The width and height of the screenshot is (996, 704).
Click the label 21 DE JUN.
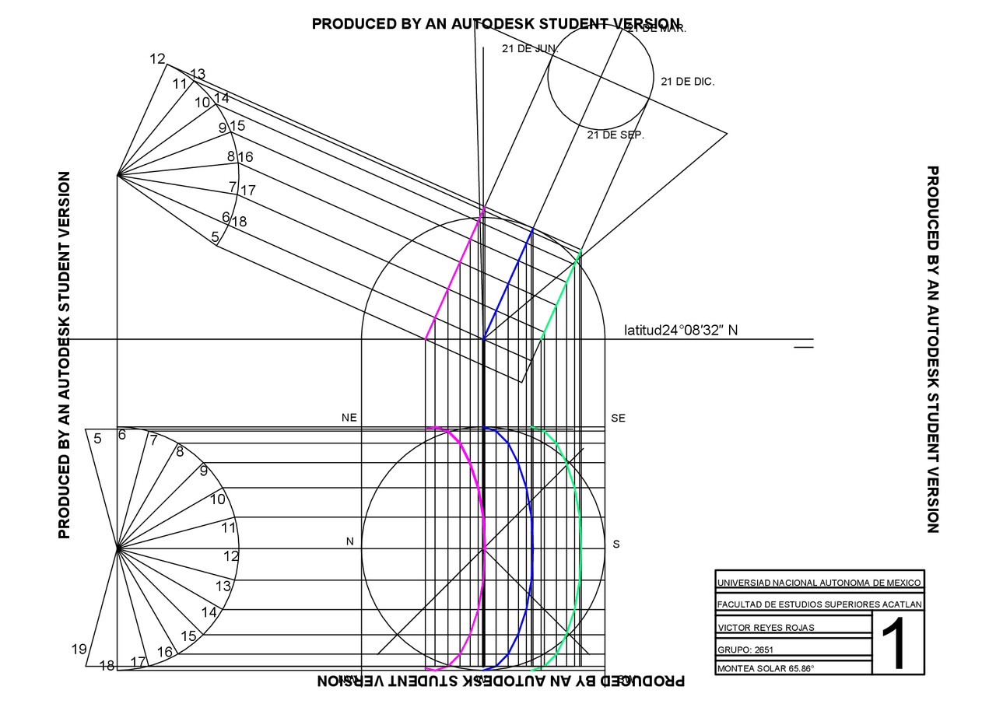pyautogui.click(x=530, y=48)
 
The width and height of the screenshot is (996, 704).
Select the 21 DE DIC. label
pyautogui.click(x=687, y=81)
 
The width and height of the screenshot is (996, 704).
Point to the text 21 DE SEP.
pyautogui.click(x=615, y=135)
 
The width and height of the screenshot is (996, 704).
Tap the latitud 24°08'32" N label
pyautogui.click(x=681, y=331)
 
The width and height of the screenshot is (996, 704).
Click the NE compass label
pyautogui.click(x=349, y=418)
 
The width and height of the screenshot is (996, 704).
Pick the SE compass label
pyautogui.click(x=618, y=418)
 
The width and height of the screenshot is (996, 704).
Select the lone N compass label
pyautogui.click(x=350, y=541)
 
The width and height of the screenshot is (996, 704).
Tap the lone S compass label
pyautogui.click(x=616, y=544)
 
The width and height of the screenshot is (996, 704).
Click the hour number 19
pyautogui.click(x=79, y=649)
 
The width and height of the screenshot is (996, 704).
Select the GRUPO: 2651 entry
pyautogui.click(x=745, y=650)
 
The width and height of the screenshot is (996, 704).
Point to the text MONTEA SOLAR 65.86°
pyautogui.click(x=765, y=668)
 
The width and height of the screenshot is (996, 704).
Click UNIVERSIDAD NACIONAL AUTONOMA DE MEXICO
pyautogui.click(x=819, y=583)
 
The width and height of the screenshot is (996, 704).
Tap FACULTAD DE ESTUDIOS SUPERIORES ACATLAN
pyautogui.click(x=819, y=604)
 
